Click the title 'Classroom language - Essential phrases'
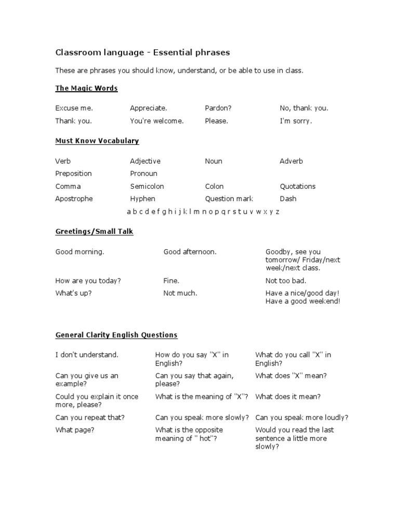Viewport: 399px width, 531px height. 142,52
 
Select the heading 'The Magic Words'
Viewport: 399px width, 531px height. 86,88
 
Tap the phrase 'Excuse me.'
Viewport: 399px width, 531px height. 74,108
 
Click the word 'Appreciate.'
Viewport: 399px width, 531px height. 149,108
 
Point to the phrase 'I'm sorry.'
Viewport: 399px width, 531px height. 296,121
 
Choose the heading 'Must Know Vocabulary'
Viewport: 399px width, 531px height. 97,141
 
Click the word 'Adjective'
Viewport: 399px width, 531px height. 145,161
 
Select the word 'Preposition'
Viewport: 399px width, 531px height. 73,174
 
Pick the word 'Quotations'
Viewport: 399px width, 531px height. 298,186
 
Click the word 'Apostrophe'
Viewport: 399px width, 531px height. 74,199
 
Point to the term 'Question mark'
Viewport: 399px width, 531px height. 229,199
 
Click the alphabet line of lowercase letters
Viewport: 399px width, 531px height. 203,212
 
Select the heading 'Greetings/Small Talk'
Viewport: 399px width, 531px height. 95,231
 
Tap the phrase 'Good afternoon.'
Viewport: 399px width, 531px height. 190,252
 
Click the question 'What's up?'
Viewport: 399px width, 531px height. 73,294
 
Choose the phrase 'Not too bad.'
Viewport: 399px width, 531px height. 285,281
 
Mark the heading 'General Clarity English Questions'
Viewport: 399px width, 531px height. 116,335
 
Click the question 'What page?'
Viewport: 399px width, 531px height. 75,430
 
